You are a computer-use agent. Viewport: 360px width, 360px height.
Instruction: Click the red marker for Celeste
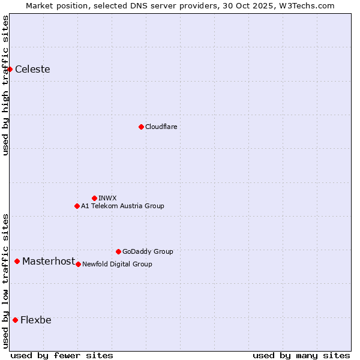coord(10,70)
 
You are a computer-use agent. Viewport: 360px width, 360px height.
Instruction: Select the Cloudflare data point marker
coord(141,127)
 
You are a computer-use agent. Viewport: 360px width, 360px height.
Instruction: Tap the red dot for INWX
coord(94,198)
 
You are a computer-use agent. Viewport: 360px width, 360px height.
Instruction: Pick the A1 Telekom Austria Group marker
coord(77,206)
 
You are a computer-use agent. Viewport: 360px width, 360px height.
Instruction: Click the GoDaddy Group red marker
coord(118,251)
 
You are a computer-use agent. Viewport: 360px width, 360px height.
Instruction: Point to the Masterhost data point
coord(17,261)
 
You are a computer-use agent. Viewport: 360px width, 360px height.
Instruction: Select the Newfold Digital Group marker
coord(78,264)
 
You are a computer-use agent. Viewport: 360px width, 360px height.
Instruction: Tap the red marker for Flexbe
coord(15,320)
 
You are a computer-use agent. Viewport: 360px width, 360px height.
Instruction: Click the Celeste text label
coord(32,70)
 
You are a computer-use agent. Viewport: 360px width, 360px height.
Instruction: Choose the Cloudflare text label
coord(161,127)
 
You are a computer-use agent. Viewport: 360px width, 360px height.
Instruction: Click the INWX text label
coord(107,198)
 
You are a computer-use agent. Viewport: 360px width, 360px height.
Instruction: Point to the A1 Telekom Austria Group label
coord(122,206)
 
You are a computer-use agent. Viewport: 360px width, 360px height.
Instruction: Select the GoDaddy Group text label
coord(148,251)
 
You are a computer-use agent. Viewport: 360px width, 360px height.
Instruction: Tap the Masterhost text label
coord(49,261)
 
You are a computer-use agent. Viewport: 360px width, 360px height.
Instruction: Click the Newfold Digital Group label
coord(117,264)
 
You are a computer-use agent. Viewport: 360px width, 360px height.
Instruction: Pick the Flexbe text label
coord(36,320)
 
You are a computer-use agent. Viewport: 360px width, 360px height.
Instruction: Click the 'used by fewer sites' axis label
coord(62,355)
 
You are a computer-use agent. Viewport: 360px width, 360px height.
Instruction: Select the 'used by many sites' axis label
coord(301,355)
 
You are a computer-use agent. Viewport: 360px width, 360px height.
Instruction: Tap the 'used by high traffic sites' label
coord(6,85)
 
